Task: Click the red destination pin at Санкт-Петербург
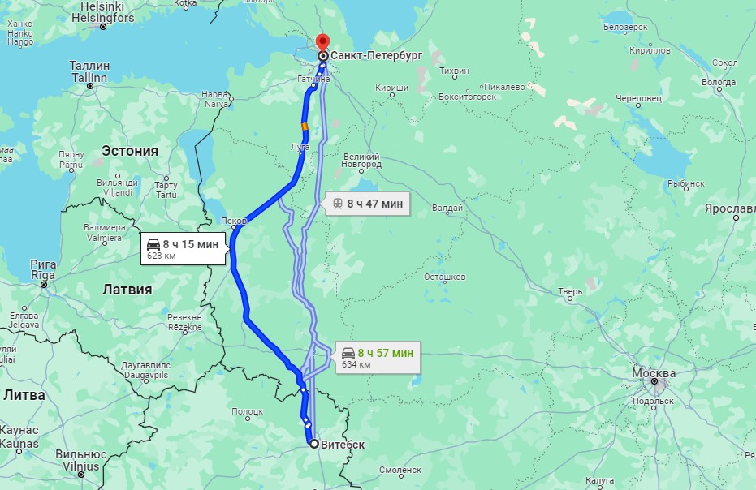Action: pos(322,42)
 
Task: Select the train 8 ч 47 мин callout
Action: pos(366,204)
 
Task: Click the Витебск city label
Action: pos(343,445)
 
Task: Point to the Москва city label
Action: pos(653,373)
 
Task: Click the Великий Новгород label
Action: pos(361,161)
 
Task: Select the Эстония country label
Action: pos(129,150)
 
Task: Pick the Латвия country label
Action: pos(127,289)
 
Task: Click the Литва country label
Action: pos(24,395)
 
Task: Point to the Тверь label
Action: pos(569,291)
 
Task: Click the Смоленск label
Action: pos(400,470)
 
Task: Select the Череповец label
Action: pos(638,98)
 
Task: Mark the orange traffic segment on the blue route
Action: pos(305,127)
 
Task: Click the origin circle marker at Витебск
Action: pos(313,444)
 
